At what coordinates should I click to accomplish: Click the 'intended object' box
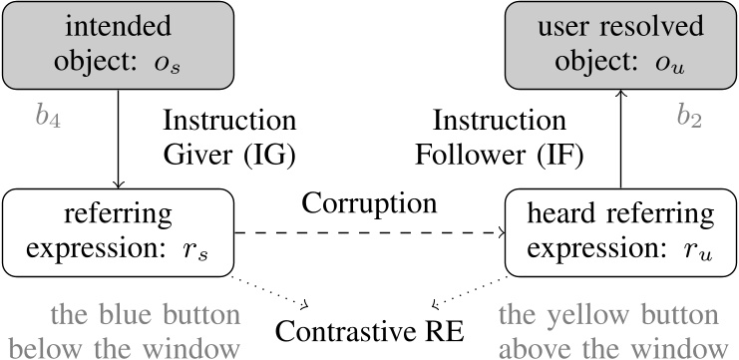tap(119, 44)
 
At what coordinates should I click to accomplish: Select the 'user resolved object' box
tap(620, 44)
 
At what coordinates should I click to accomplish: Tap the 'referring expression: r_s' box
tap(119, 233)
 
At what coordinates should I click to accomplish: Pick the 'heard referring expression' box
tap(620, 233)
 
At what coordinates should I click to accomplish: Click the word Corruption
tap(369, 202)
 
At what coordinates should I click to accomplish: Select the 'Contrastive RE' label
tap(370, 327)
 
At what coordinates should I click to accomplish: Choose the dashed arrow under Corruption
tap(369, 234)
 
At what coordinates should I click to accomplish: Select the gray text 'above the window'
tap(611, 347)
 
